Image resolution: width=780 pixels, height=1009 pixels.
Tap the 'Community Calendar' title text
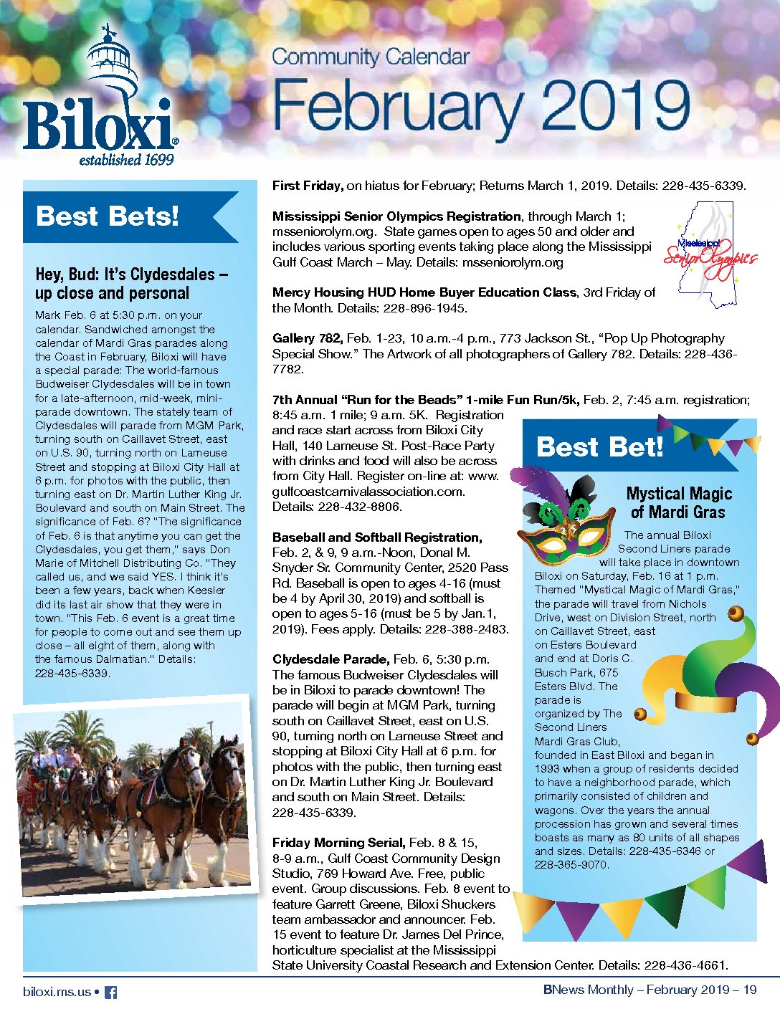[371, 57]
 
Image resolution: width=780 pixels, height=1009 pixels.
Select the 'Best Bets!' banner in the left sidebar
[108, 216]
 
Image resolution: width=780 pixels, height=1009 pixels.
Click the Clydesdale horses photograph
[136, 795]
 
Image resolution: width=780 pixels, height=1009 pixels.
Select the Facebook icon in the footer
[110, 993]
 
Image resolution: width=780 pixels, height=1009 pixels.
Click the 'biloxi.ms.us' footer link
[57, 992]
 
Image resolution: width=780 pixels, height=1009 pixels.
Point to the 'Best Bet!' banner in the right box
[599, 446]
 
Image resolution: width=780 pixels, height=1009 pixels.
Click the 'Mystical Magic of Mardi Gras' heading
[678, 502]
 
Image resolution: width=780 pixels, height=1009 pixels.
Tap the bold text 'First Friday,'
[308, 186]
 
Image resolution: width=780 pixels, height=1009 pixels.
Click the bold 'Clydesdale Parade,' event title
[330, 659]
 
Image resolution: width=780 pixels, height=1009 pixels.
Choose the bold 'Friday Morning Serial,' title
[338, 843]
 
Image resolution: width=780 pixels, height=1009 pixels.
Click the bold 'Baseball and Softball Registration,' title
[376, 537]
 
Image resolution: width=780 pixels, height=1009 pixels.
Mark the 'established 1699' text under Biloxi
[126, 160]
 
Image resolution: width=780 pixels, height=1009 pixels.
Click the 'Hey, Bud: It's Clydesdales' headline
[132, 284]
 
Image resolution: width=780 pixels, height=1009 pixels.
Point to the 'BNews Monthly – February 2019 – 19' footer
[650, 990]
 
